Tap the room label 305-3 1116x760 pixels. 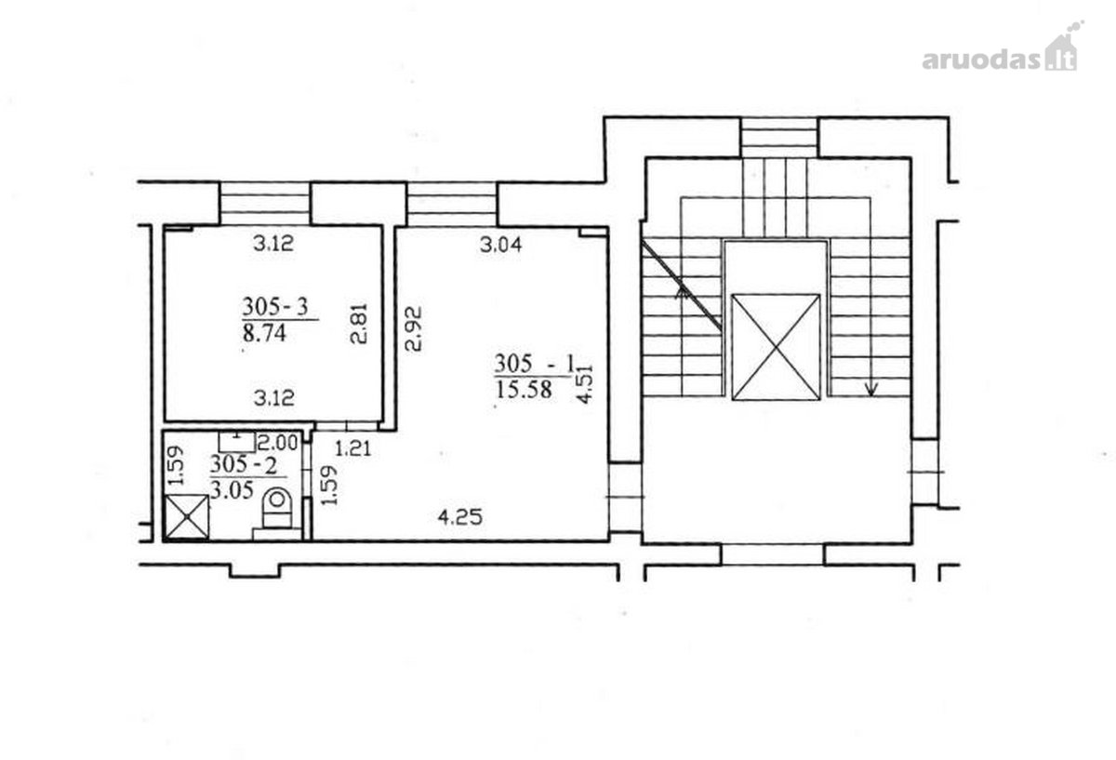[x=275, y=306]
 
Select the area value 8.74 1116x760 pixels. [x=264, y=333]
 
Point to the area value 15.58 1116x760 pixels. [x=524, y=389]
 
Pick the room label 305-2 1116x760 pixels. [x=243, y=465]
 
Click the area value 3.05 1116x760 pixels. [x=232, y=490]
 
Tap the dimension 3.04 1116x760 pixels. [x=500, y=245]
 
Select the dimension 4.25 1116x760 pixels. [x=459, y=517]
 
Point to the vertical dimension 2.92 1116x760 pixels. [x=413, y=328]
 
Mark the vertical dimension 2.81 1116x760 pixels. [x=359, y=324]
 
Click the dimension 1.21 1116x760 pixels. [x=353, y=449]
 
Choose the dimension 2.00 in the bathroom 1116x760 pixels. [x=277, y=442]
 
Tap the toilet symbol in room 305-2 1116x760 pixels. [x=277, y=507]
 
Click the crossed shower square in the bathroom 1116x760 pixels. [x=187, y=517]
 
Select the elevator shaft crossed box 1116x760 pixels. [x=776, y=347]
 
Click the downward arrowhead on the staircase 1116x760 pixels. [x=870, y=389]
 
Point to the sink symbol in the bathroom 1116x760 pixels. [x=237, y=442]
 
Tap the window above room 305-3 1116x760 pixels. [x=265, y=204]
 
